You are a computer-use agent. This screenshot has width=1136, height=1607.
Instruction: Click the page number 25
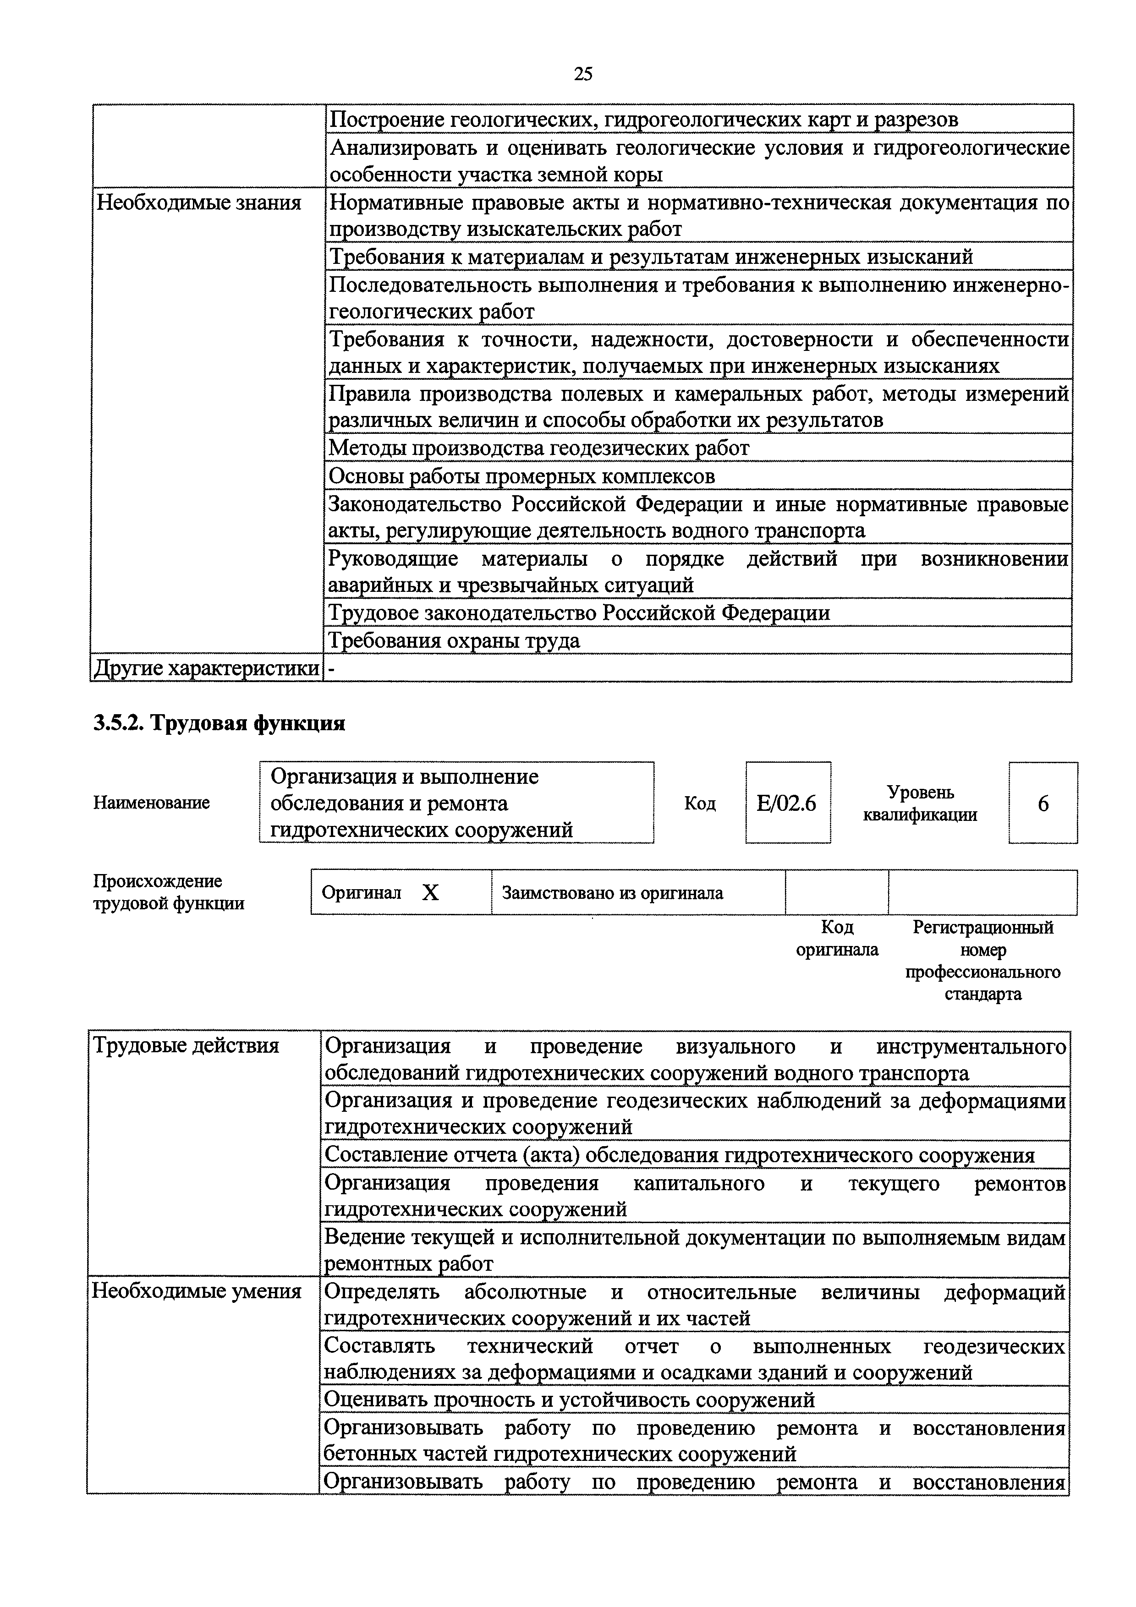coord(582,73)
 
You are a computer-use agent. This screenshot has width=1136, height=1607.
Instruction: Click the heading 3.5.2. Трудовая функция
coord(219,723)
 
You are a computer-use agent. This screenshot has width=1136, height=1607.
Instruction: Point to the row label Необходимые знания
coord(199,203)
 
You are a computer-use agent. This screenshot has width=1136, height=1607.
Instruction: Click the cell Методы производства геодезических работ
coord(539,448)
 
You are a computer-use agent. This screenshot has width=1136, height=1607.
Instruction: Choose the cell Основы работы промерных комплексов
coord(522,476)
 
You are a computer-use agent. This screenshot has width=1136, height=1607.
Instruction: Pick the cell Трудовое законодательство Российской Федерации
coord(580,613)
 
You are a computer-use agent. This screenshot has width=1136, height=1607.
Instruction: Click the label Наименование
coord(151,803)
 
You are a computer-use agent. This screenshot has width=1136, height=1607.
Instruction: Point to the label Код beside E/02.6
coord(699,803)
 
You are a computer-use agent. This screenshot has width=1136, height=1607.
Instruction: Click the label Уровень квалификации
coord(920,803)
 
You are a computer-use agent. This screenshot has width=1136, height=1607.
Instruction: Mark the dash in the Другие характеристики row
coord(332,670)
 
